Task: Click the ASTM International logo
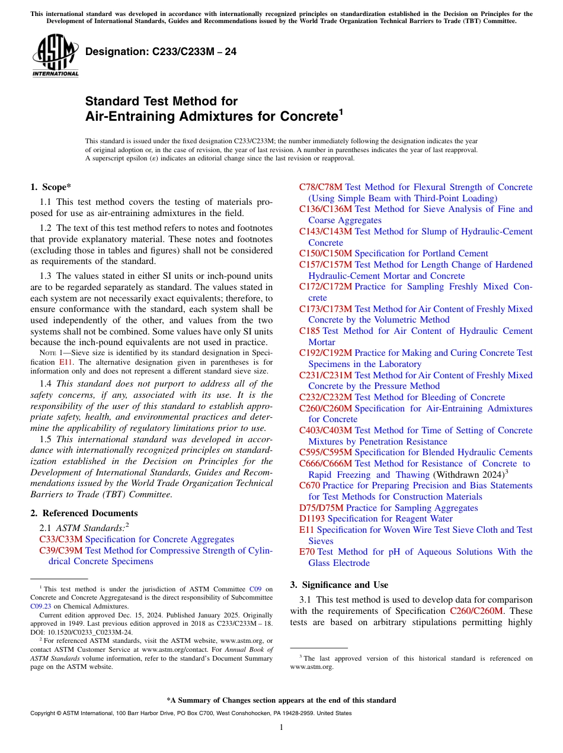click(x=55, y=55)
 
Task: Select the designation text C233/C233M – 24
click(x=161, y=52)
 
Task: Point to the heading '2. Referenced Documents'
click(x=84, y=513)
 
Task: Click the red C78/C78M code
click(x=321, y=187)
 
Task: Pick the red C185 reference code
click(x=309, y=331)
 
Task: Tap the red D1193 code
click(x=312, y=519)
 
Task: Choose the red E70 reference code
click(x=307, y=552)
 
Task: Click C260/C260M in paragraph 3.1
click(x=475, y=611)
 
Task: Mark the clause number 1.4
click(x=46, y=384)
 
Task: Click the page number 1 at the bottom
click(x=281, y=728)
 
